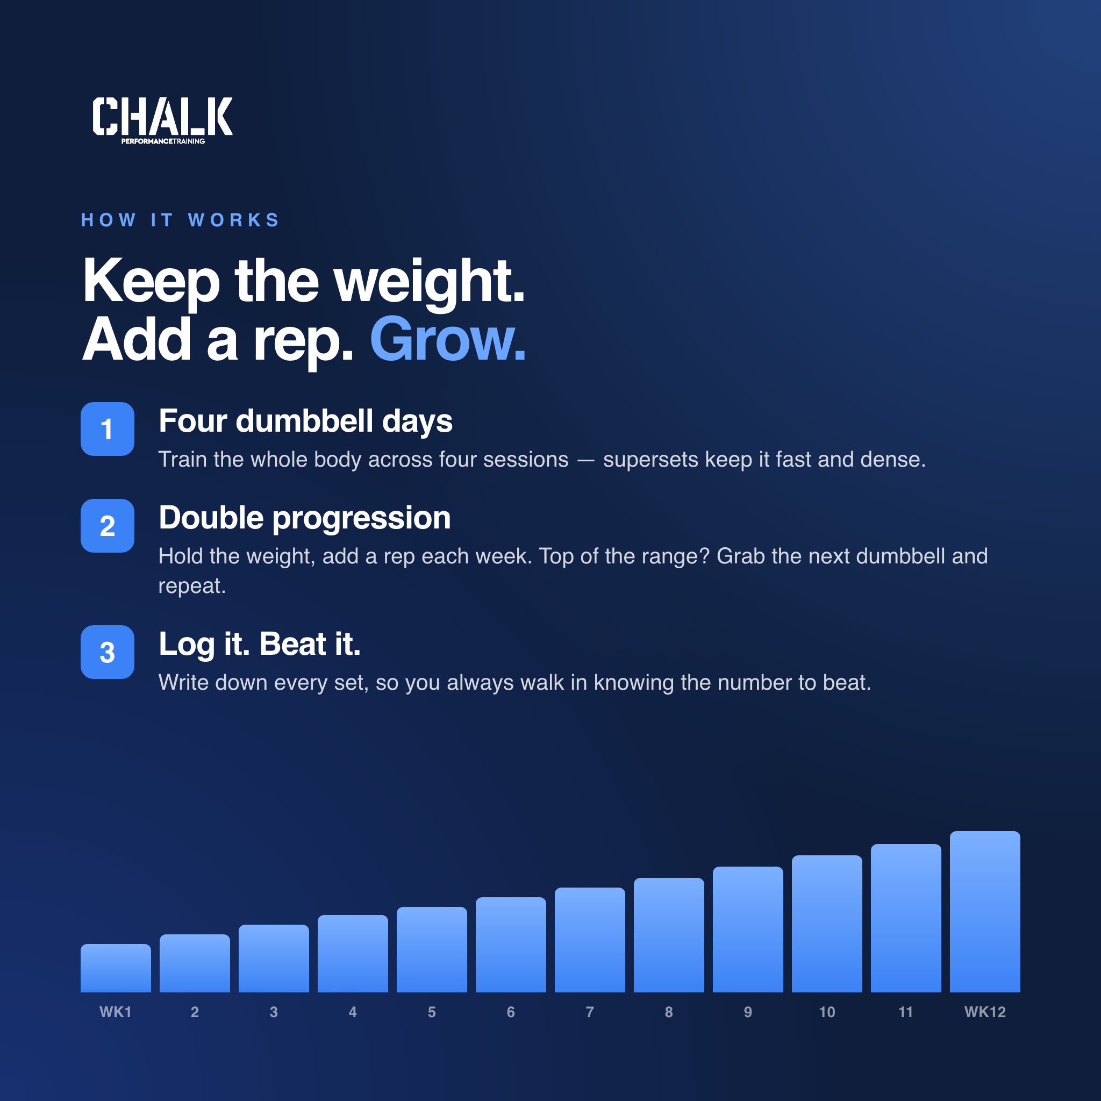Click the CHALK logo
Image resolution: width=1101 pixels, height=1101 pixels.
coord(162,120)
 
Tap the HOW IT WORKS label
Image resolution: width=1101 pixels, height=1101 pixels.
coord(181,220)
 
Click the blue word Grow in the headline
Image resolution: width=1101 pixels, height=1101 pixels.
coord(447,340)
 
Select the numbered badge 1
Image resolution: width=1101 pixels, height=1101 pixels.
coord(107,429)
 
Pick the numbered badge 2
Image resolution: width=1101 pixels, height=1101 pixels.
coord(107,526)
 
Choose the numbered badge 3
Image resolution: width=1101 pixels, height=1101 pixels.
coord(107,653)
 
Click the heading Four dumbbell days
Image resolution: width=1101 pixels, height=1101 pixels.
coord(305,422)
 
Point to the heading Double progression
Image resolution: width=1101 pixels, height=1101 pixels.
coord(305,519)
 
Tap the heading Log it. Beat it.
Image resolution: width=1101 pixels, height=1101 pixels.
coord(260,645)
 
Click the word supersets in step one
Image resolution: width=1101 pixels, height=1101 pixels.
coord(650,460)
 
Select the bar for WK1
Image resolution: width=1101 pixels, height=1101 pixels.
coord(116,968)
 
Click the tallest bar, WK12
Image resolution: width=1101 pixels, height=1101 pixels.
coord(985,912)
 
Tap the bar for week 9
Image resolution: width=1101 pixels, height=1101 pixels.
coord(748,930)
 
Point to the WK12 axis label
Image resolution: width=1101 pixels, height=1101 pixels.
coord(985,1012)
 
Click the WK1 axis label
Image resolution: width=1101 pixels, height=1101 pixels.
coord(116,1012)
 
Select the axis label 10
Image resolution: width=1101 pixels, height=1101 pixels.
coord(827,1012)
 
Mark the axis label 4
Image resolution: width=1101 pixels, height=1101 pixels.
coord(353,1012)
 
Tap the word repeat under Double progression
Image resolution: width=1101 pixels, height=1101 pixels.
coord(192,587)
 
